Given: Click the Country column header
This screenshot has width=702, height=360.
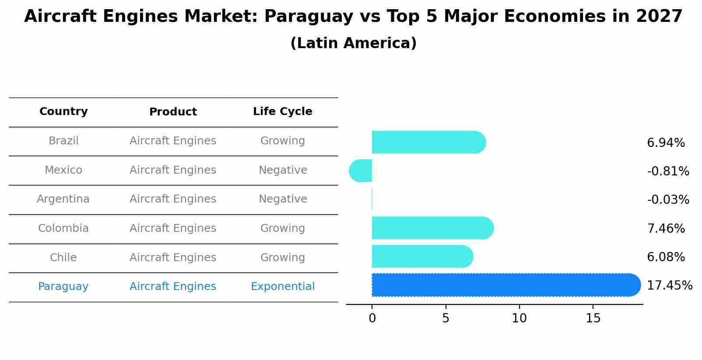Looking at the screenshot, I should pos(63,112).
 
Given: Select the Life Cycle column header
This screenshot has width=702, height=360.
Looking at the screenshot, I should pos(282,112).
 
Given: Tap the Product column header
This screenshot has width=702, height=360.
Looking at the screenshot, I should pos(173,112).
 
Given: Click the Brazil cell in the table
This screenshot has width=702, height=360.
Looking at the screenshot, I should pos(63,141).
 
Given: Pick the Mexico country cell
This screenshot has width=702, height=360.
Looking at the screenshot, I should pos(63,170).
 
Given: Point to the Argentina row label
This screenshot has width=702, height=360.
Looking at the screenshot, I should pos(63,199).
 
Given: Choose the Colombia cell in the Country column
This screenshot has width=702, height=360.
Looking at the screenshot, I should pos(63,228).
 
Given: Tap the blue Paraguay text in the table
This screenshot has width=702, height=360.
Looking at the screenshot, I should pos(63,287).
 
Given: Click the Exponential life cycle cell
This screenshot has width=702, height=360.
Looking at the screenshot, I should pos(282,287).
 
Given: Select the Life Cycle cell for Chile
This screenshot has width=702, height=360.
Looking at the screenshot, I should pos(282,258).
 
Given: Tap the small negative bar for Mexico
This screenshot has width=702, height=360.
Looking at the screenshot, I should pos(361,171).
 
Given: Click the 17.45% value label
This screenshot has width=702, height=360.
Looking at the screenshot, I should pos(669,286).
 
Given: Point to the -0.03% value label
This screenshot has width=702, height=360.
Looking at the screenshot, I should pos(668,200).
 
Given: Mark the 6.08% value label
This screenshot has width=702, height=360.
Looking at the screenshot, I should pos(666,257).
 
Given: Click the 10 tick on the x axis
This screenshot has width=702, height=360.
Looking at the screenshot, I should pos(519,318).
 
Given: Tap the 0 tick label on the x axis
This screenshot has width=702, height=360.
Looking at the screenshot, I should pos(372,318).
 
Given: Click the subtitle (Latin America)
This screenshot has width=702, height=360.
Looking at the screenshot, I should pos(353,43).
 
